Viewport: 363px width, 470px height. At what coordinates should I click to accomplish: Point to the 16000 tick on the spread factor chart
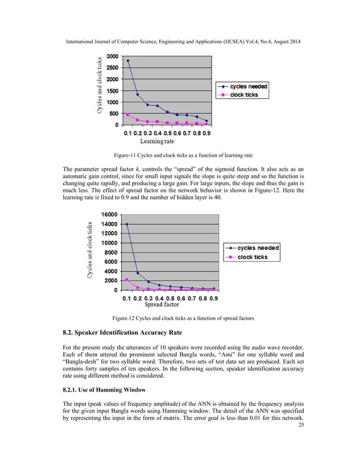pyautogui.click(x=109, y=215)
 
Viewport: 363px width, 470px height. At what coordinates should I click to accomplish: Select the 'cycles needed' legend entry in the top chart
pyautogui.click(x=248, y=86)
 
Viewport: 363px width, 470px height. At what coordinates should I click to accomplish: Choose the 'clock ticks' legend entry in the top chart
pyautogui.click(x=244, y=95)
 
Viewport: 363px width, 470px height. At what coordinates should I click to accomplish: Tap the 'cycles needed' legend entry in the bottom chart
pyautogui.click(x=258, y=248)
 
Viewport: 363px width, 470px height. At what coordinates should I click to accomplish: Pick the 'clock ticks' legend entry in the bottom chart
pyautogui.click(x=253, y=257)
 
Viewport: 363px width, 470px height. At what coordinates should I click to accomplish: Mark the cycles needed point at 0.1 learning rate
pyautogui.click(x=128, y=61)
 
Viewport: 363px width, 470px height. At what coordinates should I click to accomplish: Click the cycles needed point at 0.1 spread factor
pyautogui.click(x=127, y=224)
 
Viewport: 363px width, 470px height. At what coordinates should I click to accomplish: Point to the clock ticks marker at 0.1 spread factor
pyautogui.click(x=127, y=279)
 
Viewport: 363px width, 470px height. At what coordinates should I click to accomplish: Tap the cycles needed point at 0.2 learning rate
pyautogui.click(x=138, y=94)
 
